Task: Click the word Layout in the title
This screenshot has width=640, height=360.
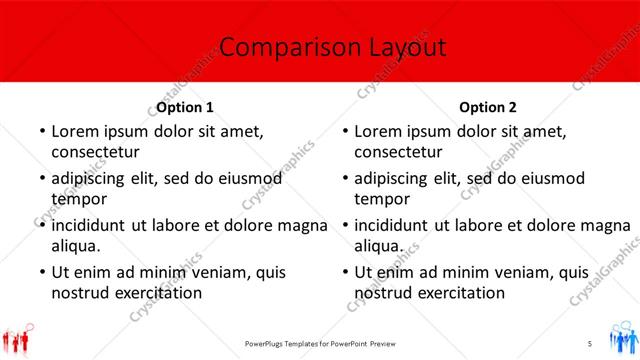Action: click(x=397, y=47)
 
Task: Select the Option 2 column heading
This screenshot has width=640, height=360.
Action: click(x=489, y=107)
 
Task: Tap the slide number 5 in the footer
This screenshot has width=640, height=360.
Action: click(x=590, y=343)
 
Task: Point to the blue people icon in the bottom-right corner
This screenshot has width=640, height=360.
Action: click(x=620, y=337)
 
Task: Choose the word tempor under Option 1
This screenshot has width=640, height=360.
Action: click(x=78, y=199)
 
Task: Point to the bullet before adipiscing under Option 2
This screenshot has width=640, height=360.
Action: click(x=344, y=178)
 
